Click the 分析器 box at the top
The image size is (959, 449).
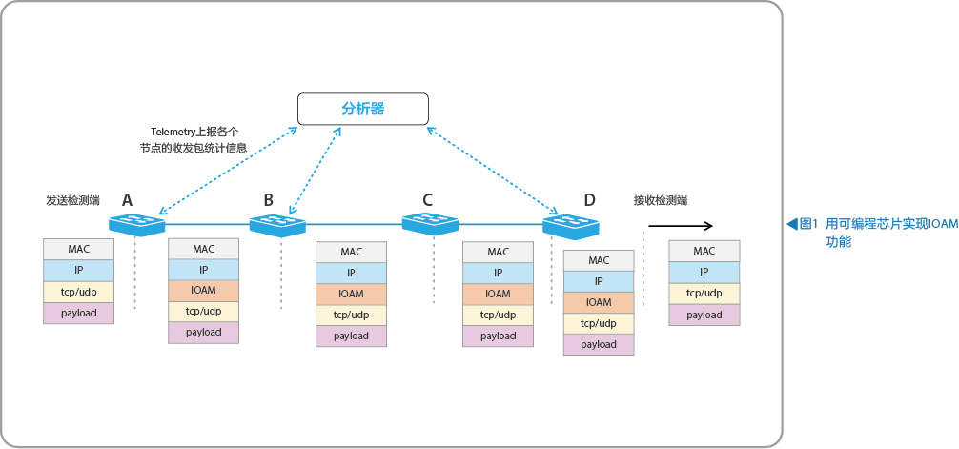[362, 109]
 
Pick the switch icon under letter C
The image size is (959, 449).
[430, 223]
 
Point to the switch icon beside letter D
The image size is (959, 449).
[571, 224]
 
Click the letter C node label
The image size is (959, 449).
[427, 199]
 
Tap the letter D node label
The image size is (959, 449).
[589, 199]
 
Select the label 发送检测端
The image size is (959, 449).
[72, 200]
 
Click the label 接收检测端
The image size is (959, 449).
[661, 200]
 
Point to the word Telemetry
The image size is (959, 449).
[173, 131]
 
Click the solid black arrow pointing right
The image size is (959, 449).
[681, 226]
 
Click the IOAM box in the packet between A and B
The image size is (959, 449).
[204, 290]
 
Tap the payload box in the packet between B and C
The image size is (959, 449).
[351, 336]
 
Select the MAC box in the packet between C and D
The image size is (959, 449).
[498, 252]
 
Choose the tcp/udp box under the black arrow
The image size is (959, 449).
[704, 293]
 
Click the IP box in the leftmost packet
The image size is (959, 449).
[79, 270]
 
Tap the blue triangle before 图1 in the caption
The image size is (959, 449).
[792, 224]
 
